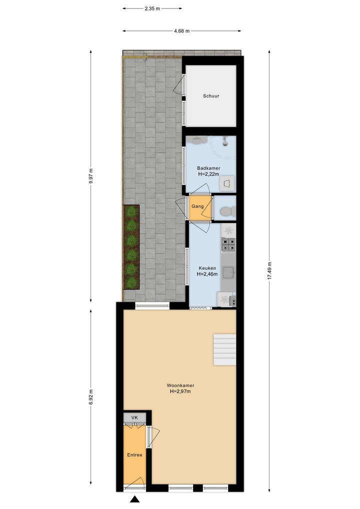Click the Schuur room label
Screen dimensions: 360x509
(211, 96)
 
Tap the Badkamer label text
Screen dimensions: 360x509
(208, 168)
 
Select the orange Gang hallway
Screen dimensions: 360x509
(200, 208)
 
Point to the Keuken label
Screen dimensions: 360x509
(207, 268)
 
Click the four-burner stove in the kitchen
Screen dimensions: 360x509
(228, 245)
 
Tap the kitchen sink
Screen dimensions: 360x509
(229, 272)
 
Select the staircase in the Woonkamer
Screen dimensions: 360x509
(224, 349)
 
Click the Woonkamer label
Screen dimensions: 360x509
(180, 385)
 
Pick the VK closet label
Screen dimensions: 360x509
(134, 417)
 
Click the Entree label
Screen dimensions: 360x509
(134, 455)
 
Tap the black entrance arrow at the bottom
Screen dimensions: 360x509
(134, 499)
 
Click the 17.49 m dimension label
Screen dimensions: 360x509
(269, 270)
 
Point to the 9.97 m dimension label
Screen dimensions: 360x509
(91, 176)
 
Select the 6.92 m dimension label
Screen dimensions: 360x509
(91, 397)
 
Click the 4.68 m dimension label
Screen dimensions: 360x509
(182, 31)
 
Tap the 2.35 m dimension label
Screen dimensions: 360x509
(152, 9)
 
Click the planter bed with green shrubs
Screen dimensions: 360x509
(131, 247)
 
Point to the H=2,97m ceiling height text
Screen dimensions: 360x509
(180, 391)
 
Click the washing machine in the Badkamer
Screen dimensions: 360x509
(227, 183)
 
